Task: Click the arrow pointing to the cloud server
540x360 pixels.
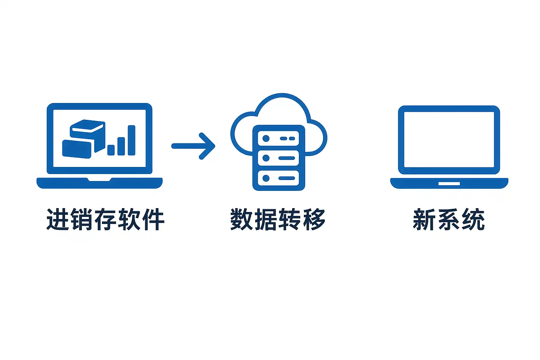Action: click(x=193, y=146)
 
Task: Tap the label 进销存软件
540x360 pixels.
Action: click(x=105, y=219)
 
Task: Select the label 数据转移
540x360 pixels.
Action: click(x=278, y=219)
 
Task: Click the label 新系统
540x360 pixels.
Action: click(x=449, y=219)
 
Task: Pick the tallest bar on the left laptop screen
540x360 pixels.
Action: click(x=131, y=140)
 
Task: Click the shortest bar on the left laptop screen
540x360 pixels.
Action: click(x=111, y=150)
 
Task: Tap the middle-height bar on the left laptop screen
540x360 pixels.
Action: click(x=121, y=146)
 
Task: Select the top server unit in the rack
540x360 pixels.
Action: click(x=278, y=139)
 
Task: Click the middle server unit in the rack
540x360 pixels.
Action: click(x=278, y=158)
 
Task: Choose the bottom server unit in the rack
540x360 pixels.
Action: click(x=278, y=178)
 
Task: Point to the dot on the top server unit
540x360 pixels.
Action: click(x=266, y=139)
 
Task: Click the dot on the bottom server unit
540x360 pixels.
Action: click(x=266, y=178)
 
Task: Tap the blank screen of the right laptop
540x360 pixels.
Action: click(x=449, y=140)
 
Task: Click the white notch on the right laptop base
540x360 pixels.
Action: click(x=449, y=184)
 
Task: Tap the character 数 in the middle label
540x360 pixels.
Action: click(x=242, y=219)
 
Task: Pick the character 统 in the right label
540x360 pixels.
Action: click(x=473, y=219)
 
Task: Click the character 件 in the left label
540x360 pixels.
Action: click(x=153, y=219)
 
